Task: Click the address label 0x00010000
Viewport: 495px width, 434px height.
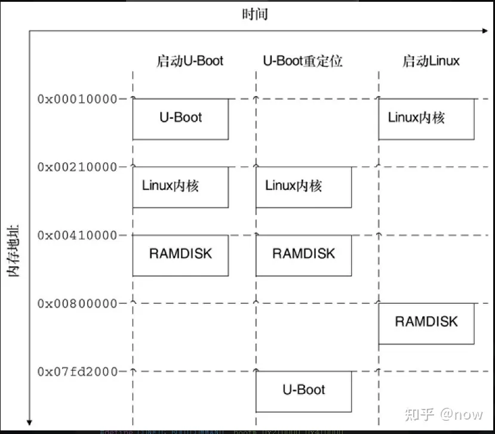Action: click(78, 99)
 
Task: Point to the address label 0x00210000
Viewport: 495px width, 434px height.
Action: click(78, 167)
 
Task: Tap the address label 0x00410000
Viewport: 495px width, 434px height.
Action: click(78, 235)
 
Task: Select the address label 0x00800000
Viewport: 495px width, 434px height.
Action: click(78, 303)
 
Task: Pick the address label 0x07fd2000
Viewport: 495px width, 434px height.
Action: click(78, 371)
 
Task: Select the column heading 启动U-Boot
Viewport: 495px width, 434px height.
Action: click(190, 61)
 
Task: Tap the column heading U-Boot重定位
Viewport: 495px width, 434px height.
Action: click(303, 61)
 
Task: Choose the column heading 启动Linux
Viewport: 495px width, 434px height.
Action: click(430, 61)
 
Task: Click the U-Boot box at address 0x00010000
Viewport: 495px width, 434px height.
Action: click(180, 119)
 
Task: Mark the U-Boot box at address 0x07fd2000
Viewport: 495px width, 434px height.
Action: click(303, 391)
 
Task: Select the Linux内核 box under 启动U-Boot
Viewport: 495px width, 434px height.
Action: click(180, 187)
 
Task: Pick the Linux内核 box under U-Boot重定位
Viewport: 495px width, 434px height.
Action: click(303, 187)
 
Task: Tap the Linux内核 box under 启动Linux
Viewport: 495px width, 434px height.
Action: click(426, 119)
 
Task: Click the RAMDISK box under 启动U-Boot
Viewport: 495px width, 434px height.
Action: click(180, 255)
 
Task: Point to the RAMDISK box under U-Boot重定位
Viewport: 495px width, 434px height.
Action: click(303, 255)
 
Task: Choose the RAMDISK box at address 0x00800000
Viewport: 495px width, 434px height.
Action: click(426, 323)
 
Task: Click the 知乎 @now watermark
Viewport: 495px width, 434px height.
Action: click(444, 413)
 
